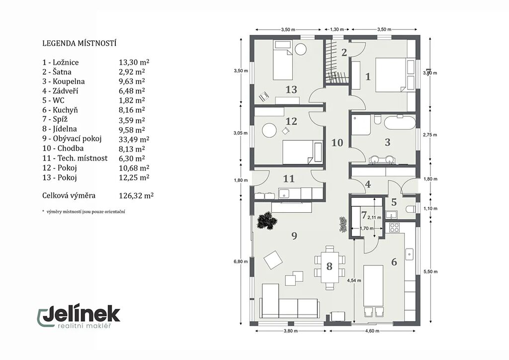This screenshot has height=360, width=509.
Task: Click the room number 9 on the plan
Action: tap(294, 236)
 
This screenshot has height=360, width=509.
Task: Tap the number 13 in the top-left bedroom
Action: tap(291, 90)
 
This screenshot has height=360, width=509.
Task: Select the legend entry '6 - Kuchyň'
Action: tap(60, 110)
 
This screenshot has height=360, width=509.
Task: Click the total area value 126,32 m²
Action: tap(136, 196)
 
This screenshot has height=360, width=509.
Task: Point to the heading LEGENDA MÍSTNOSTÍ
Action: tap(79, 43)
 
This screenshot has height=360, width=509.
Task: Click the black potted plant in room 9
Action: tap(267, 221)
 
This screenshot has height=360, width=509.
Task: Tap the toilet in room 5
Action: tap(411, 209)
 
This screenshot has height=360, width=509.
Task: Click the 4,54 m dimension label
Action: tap(354, 280)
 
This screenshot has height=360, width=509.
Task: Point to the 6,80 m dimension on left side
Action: tap(241, 262)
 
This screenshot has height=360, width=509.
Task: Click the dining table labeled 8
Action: tap(329, 267)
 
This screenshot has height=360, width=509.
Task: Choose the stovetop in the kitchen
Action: tap(394, 227)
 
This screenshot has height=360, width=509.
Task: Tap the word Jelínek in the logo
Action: tap(82, 314)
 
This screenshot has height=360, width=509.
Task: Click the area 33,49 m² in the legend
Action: tap(134, 139)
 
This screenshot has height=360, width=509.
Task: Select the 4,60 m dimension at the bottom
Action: tap(372, 331)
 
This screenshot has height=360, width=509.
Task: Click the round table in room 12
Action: tap(269, 130)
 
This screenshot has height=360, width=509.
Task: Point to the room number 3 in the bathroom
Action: tap(387, 142)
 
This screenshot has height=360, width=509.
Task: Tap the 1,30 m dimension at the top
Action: tap(337, 29)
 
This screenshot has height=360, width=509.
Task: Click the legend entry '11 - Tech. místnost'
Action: tap(75, 158)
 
